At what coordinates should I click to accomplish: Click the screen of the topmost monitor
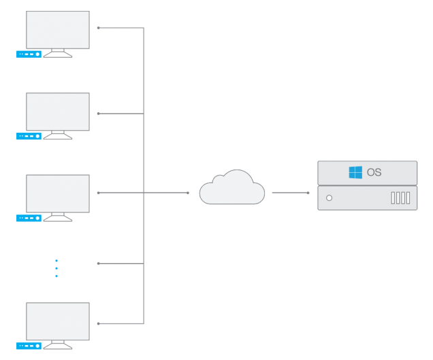pyautogui.click(x=58, y=30)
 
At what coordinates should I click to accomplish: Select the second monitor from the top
pyautogui.click(x=58, y=112)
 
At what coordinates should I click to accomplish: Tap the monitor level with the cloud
pyautogui.click(x=58, y=193)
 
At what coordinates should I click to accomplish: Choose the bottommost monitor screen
pyautogui.click(x=58, y=321)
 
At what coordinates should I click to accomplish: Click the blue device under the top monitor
pyautogui.click(x=29, y=54)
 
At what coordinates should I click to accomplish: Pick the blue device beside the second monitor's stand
pyautogui.click(x=29, y=136)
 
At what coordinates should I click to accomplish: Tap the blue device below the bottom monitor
pyautogui.click(x=29, y=346)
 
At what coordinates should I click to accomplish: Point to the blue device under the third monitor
pyautogui.click(x=29, y=218)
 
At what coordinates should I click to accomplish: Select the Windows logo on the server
pyautogui.click(x=355, y=172)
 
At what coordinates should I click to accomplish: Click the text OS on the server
pyautogui.click(x=374, y=172)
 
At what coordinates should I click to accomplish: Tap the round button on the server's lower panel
pyautogui.click(x=330, y=198)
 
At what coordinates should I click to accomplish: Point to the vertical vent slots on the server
pyautogui.click(x=401, y=198)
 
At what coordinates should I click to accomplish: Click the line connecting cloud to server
pyautogui.click(x=290, y=193)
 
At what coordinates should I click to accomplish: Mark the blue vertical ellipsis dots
pyautogui.click(x=57, y=268)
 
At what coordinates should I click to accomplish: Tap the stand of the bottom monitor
pyautogui.click(x=58, y=345)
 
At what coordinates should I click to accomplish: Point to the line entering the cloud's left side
pyautogui.click(x=167, y=193)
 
